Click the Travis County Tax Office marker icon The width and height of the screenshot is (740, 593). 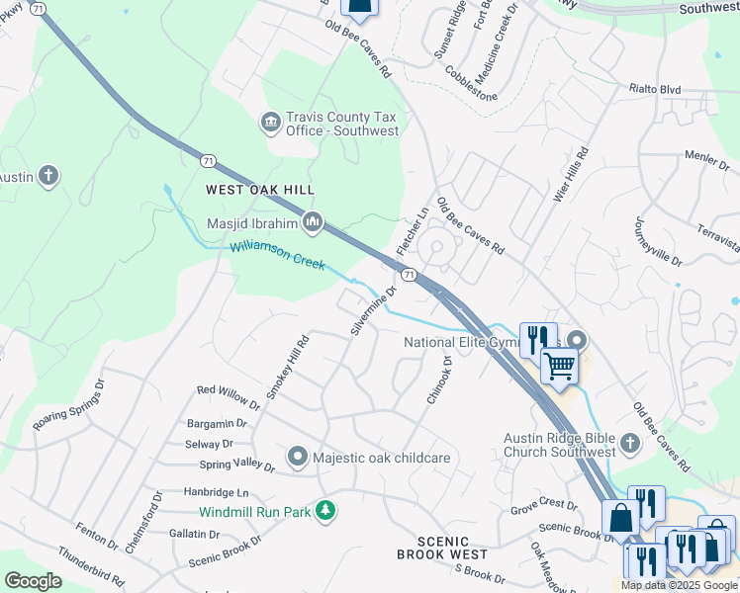270,122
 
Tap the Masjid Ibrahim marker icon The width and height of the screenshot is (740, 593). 314,221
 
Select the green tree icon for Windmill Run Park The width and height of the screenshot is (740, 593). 324,511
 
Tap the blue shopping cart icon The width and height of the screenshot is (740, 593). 559,366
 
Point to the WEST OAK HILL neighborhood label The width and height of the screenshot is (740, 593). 259,189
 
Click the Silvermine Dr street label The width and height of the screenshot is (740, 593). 373,309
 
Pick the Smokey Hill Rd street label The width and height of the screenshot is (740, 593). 288,367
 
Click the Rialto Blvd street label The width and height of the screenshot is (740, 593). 655,89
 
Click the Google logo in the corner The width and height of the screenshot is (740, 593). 34,581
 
